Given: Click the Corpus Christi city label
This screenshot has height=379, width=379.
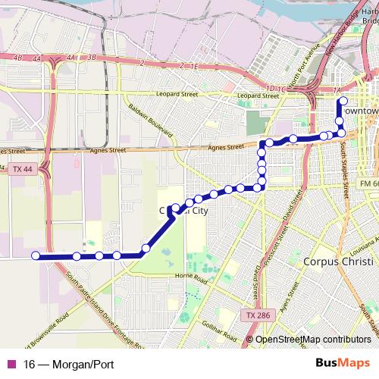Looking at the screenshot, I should (337, 262).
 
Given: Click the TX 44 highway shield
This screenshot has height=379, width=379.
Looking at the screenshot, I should (23, 173).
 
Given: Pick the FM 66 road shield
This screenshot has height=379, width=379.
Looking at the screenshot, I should (369, 183).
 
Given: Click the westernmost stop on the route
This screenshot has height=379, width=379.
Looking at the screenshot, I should (36, 255).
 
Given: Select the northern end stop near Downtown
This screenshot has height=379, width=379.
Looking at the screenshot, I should (343, 101).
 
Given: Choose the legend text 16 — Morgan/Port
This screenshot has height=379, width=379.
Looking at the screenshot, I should (68, 365).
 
